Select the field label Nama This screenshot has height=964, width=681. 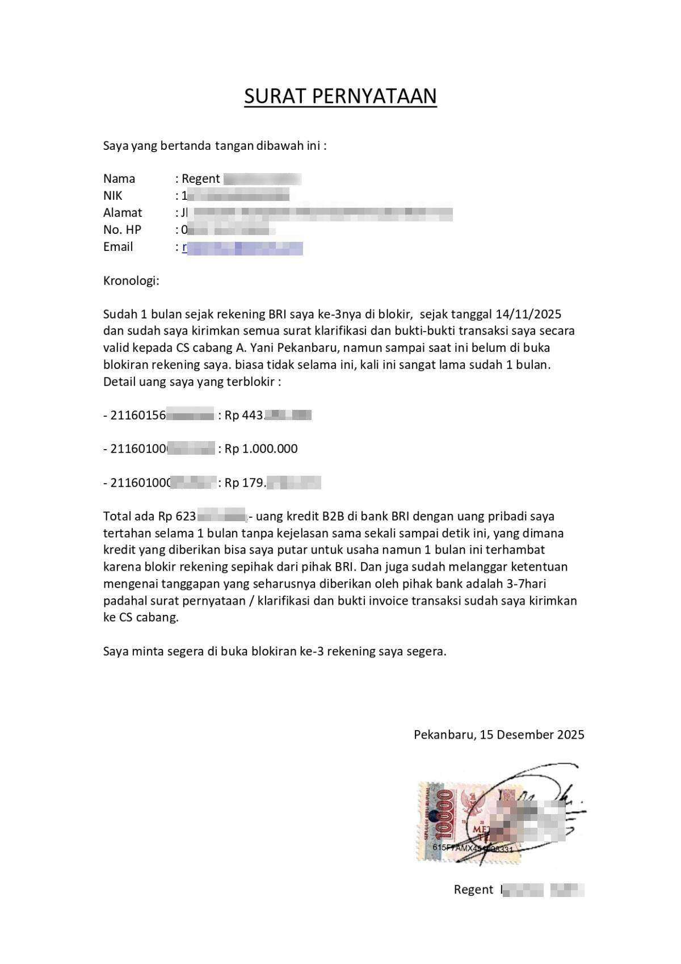[119, 179]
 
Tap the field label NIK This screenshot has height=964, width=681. [112, 196]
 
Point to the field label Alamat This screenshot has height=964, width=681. [123, 213]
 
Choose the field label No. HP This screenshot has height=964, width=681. [122, 230]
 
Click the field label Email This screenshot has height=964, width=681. [118, 247]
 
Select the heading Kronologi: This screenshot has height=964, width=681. [131, 280]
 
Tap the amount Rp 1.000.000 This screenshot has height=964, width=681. [261, 449]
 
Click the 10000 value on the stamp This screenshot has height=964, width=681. [446, 815]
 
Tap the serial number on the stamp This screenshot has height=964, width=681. [472, 848]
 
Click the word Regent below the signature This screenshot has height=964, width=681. [473, 890]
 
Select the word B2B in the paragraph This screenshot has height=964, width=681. [335, 516]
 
